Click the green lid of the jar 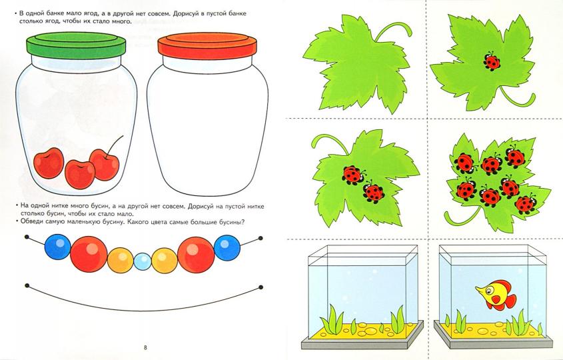76,45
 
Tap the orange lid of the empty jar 207,46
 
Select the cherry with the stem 104,164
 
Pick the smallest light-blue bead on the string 143,261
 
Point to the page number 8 145,347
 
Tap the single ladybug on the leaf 491,61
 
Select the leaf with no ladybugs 357,63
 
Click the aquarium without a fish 362,297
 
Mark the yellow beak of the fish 480,290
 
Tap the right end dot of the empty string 261,287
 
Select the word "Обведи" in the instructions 32,222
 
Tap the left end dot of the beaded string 27,237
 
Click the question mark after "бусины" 243,222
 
